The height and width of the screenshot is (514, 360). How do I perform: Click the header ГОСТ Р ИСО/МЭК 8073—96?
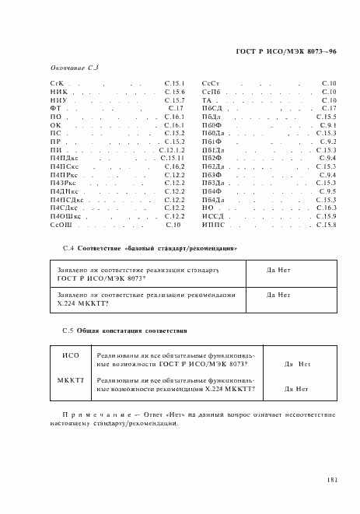(286, 51)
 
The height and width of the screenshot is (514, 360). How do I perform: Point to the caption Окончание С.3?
(74, 68)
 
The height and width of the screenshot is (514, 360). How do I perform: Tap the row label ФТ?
(55, 107)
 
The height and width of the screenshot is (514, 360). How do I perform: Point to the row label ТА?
(207, 100)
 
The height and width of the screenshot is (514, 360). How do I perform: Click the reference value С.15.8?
(326, 225)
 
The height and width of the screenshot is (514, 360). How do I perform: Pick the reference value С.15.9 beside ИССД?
(326, 216)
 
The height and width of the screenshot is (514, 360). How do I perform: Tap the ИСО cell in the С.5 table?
(70, 355)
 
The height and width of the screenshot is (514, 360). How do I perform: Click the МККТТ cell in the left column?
(70, 379)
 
